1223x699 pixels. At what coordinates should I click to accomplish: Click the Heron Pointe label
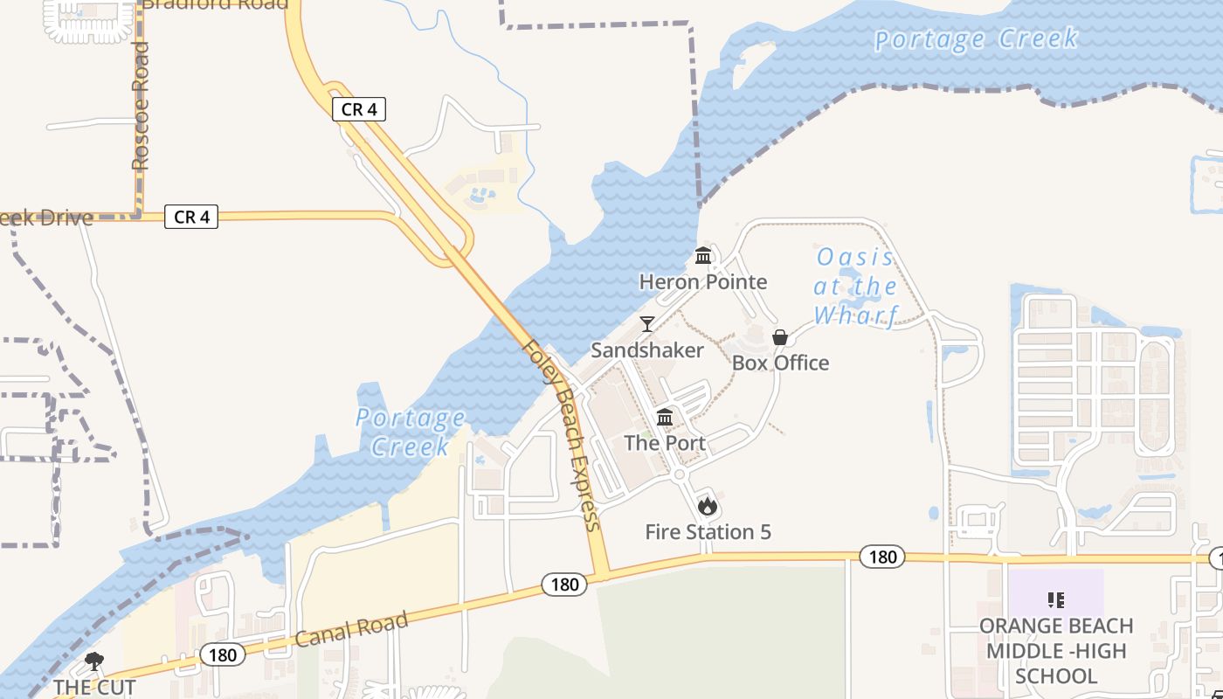tap(703, 281)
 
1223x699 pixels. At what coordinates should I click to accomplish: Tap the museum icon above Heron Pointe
tap(703, 256)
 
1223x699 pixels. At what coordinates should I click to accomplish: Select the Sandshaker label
tap(647, 350)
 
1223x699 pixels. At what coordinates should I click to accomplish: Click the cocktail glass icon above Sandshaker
tap(647, 324)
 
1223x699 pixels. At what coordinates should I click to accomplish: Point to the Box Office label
tap(780, 363)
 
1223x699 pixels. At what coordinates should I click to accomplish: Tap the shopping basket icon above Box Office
tap(780, 337)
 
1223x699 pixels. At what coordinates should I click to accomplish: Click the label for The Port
tap(665, 443)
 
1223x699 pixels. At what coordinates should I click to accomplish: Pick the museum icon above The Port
tap(665, 417)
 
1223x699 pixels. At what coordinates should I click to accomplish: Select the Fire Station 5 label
tap(708, 531)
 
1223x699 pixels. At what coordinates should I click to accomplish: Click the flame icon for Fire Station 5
tap(708, 506)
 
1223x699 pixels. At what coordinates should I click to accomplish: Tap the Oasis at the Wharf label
tap(856, 286)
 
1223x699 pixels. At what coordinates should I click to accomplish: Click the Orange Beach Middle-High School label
tap(1056, 651)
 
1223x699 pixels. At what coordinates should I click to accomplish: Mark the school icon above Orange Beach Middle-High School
tap(1056, 599)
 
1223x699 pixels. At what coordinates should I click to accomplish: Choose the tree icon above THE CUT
tap(94, 661)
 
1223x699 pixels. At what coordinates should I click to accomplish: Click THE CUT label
tap(94, 688)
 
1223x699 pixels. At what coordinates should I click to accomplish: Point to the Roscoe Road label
tap(141, 106)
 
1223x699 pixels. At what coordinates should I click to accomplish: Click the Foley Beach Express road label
tap(561, 434)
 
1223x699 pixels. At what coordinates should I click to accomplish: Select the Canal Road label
tap(351, 630)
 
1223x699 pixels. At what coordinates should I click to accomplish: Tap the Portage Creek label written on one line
tap(976, 39)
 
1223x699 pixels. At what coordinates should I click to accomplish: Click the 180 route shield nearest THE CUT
tap(222, 654)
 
